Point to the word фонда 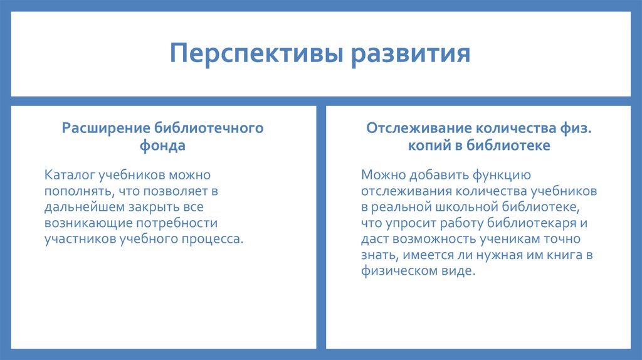point(162,146)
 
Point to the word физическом point(398,272)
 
